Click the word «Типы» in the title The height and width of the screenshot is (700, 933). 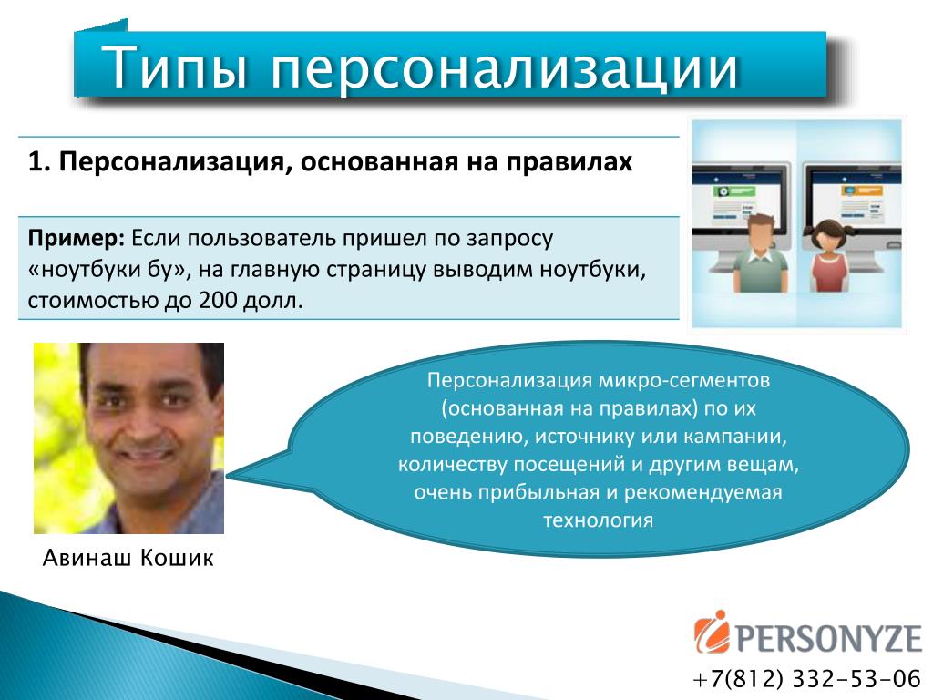coord(175,67)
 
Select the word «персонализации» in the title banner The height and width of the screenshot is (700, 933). coord(505,70)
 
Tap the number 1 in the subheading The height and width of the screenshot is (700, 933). coord(36,162)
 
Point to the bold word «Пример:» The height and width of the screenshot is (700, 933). coord(77,239)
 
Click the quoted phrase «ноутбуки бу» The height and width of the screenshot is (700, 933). coord(108,270)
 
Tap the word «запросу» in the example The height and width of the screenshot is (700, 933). coord(509,240)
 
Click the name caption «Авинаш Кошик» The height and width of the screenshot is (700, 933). coord(128,558)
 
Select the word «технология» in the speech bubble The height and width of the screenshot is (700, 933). coord(598,520)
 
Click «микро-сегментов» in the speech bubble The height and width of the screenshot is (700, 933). coord(683,380)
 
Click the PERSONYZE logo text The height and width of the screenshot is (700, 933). coord(829,637)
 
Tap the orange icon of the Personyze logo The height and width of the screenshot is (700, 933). coord(712,633)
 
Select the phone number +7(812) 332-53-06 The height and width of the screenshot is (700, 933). coord(807,678)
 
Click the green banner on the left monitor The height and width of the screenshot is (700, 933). coord(735,191)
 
